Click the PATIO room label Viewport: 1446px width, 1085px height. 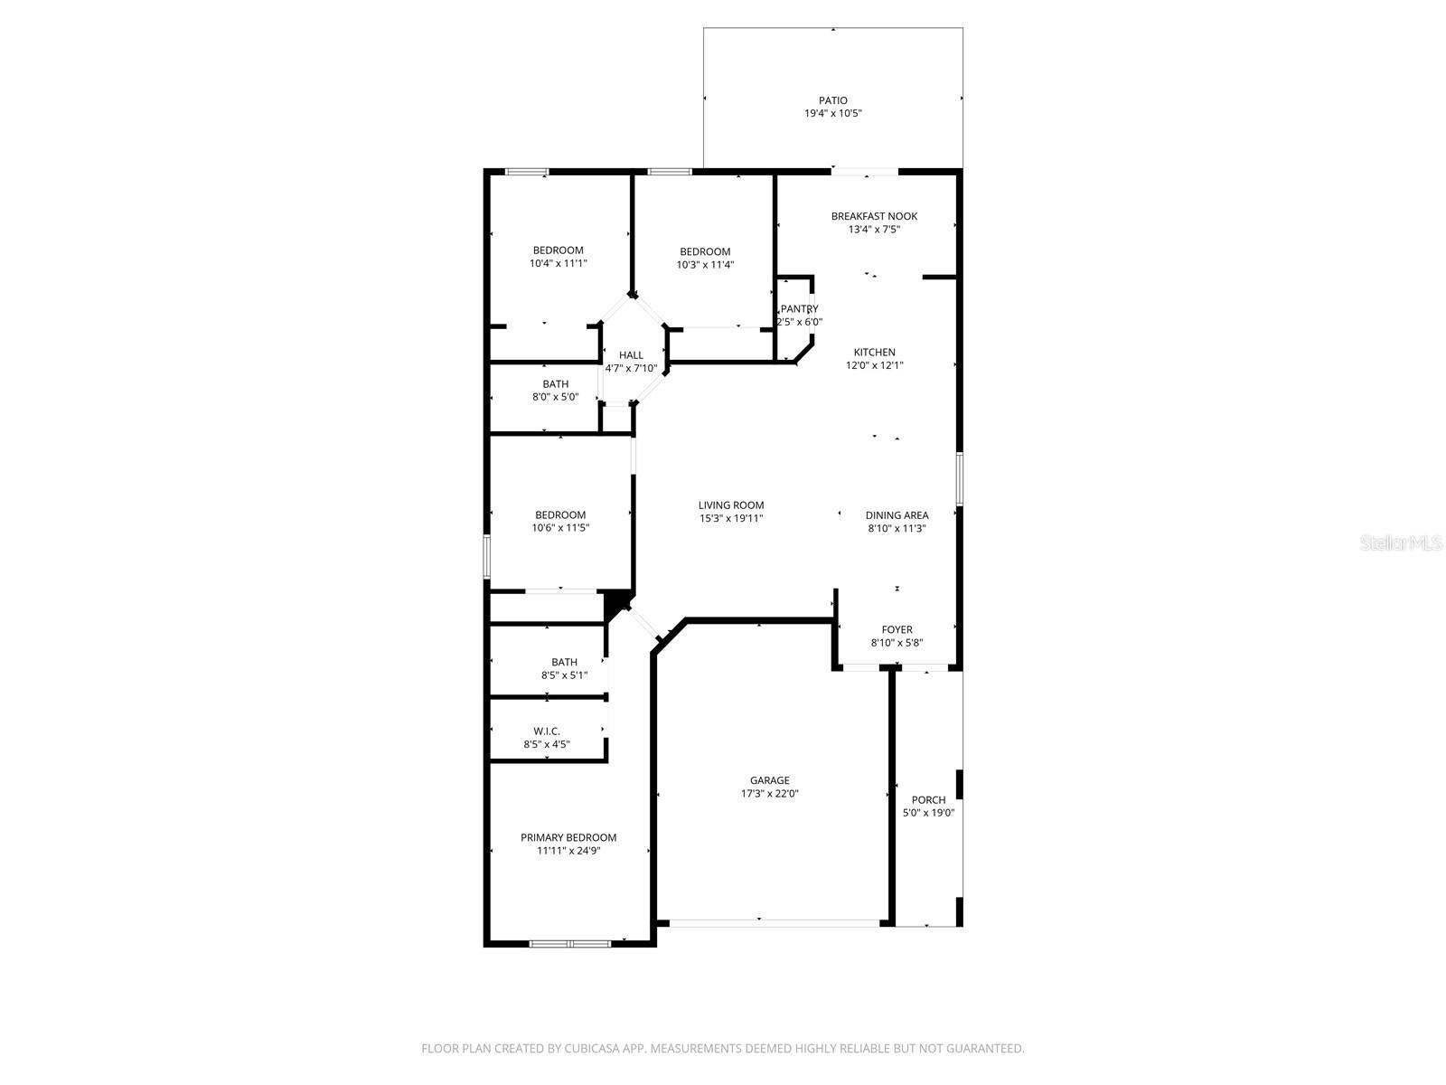click(832, 100)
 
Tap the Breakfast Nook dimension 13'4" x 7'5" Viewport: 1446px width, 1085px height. click(874, 230)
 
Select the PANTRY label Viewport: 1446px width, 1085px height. click(800, 309)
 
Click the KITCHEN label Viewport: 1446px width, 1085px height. click(874, 353)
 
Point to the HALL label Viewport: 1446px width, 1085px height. click(631, 355)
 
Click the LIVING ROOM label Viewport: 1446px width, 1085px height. click(730, 505)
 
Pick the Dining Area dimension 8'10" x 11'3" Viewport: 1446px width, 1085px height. click(897, 528)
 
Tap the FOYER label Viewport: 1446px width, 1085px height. click(897, 629)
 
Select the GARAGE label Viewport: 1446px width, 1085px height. click(769, 780)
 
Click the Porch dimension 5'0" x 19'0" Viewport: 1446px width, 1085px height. click(928, 813)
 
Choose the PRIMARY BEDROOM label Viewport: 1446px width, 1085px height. click(568, 837)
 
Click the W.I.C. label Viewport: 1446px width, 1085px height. click(547, 731)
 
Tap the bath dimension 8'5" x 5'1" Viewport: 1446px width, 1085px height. click(564, 675)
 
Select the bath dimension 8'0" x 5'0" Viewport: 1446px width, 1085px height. click(555, 397)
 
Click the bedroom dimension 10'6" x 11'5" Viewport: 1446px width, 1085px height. click(560, 528)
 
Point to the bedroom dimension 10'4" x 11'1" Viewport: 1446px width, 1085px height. click(558, 264)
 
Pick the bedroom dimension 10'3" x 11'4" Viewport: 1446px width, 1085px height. click(705, 265)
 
